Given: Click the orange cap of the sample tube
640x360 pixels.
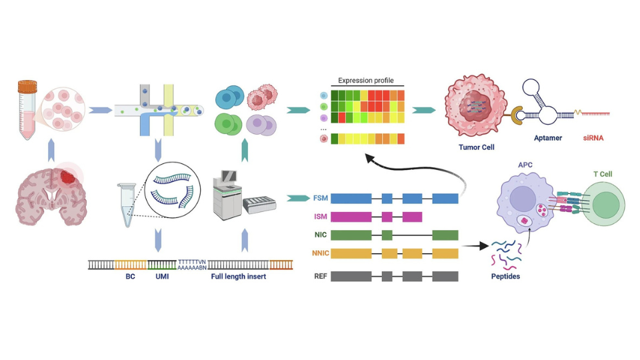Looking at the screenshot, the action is click(x=27, y=87).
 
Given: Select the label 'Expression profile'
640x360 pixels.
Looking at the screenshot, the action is click(x=366, y=81).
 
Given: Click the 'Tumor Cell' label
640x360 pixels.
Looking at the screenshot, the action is click(x=476, y=147).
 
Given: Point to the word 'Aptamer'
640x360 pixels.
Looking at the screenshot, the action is click(x=548, y=138).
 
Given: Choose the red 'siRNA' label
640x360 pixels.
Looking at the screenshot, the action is click(x=593, y=138).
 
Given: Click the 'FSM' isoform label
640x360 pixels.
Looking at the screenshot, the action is click(x=321, y=198).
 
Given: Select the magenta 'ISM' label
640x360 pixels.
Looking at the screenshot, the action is click(x=321, y=216).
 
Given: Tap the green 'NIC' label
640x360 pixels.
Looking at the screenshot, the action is click(x=321, y=235).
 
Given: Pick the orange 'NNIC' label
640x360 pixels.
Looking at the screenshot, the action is click(x=321, y=253).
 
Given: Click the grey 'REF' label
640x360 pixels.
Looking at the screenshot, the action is click(x=321, y=276).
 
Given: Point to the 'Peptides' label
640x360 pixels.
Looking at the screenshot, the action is click(x=505, y=276).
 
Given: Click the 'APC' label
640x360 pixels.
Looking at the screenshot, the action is click(x=525, y=165).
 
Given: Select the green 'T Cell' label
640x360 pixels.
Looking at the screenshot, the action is click(x=603, y=174).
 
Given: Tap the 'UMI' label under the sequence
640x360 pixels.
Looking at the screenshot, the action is click(x=162, y=276).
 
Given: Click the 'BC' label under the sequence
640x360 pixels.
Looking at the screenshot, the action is click(x=130, y=276).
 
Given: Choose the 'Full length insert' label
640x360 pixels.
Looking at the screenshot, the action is click(x=239, y=276).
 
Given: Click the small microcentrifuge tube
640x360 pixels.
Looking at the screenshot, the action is click(x=127, y=204).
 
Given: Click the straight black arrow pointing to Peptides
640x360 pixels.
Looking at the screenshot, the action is click(x=475, y=246).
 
